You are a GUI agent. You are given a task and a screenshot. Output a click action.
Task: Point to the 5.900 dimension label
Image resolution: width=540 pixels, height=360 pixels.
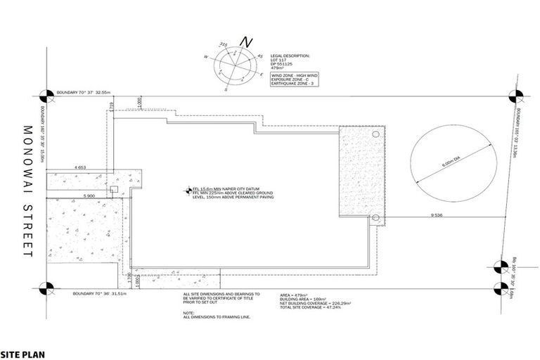tap(89, 195)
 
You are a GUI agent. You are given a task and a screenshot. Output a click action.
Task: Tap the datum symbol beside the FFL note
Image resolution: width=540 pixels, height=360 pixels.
tap(187, 189)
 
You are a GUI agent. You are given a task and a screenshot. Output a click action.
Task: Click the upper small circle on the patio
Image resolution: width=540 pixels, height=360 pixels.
tap(375, 134)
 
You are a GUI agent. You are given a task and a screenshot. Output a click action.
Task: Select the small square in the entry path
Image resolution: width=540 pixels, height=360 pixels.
tap(105, 188)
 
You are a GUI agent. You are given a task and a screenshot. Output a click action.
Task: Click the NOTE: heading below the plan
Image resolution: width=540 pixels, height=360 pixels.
tap(188, 313)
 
